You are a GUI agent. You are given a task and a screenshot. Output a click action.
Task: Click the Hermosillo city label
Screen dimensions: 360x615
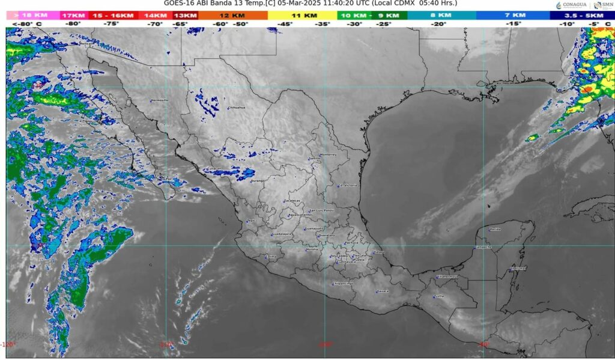pyautogui.click(x=160, y=100)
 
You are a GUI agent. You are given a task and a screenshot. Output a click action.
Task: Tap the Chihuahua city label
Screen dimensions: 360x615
pyautogui.click(x=237, y=108)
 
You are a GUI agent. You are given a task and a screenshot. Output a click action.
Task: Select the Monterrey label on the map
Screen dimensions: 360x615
pyautogui.click(x=329, y=154)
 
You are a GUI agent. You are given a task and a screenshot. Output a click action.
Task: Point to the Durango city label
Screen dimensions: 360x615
pyautogui.click(x=257, y=180)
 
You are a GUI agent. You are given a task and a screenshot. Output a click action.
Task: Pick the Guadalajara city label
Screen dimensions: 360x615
pyautogui.click(x=282, y=234)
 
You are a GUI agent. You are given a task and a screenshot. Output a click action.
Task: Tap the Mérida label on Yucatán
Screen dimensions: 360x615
pyautogui.click(x=495, y=229)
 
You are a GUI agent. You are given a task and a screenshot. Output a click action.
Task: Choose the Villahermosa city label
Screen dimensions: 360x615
pyautogui.click(x=447, y=276)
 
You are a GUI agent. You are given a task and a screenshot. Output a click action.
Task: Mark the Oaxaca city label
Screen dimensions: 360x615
pyautogui.click(x=383, y=291)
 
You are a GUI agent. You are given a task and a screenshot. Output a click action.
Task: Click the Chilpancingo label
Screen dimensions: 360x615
pyautogui.click(x=343, y=283)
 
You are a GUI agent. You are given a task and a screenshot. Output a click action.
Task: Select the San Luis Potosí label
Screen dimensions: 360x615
pyautogui.click(x=321, y=210)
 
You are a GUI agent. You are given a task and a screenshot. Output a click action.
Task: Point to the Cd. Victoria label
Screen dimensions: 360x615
pyautogui.click(x=347, y=186)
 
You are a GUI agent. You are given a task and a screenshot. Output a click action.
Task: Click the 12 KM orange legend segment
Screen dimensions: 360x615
pyautogui.click(x=232, y=15)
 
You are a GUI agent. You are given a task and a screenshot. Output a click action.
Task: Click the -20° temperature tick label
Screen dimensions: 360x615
pyautogui.click(x=438, y=24)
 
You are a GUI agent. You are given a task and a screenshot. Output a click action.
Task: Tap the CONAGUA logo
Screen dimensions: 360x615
pyautogui.click(x=570, y=5)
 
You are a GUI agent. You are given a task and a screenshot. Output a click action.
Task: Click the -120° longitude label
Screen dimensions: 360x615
pyautogui.click(x=8, y=344)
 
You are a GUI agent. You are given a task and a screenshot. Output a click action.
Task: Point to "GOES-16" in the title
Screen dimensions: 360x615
pyautogui.click(x=178, y=4)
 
